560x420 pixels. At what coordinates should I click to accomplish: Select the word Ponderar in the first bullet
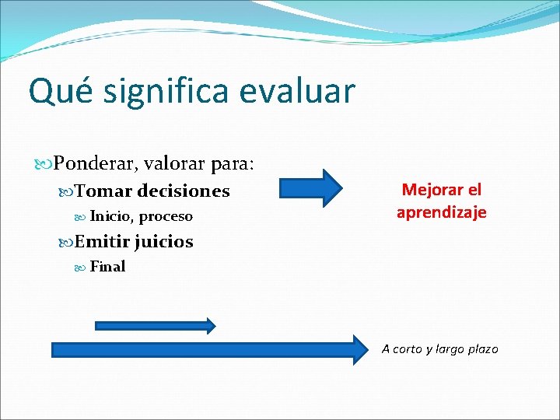click(x=92, y=164)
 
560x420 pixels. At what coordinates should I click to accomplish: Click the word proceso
click(x=165, y=216)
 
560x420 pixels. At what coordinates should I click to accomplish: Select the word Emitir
click(x=103, y=242)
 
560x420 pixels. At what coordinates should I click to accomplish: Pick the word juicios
click(x=163, y=242)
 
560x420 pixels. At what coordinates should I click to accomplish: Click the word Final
click(x=107, y=267)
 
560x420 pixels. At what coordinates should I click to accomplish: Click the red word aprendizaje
click(x=441, y=212)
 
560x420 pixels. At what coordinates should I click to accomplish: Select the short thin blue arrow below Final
click(x=155, y=325)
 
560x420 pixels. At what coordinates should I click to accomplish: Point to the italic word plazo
click(x=480, y=349)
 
